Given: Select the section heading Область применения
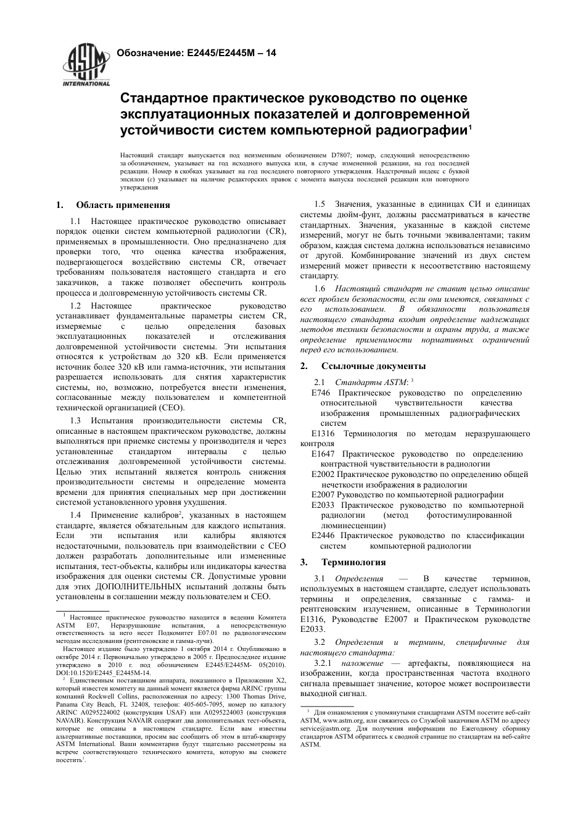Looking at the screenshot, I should point(123,205).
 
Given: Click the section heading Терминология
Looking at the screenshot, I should point(353,562).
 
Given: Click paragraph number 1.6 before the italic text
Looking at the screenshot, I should point(320,288).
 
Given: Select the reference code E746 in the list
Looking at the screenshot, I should point(321,393).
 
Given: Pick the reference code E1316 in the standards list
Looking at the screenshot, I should point(323,434).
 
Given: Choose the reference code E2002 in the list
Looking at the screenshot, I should point(323,475).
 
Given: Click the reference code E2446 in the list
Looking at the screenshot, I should point(323,536).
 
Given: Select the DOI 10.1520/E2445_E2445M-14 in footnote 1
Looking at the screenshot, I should point(109,673).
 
